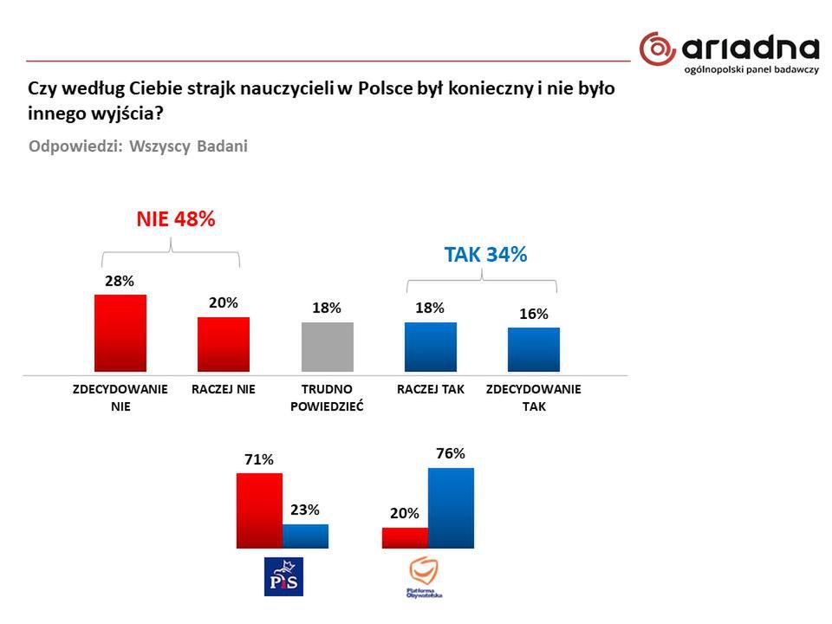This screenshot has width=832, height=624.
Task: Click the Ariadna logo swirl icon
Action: tap(657, 48)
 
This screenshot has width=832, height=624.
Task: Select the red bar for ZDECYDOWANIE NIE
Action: tap(120, 334)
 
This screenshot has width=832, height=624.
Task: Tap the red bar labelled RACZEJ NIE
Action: tap(224, 345)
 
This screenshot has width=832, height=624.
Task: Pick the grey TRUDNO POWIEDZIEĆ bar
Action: tap(327, 348)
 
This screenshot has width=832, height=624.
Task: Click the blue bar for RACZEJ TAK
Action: tap(430, 348)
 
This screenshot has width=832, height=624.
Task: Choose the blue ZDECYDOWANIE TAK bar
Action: tap(533, 350)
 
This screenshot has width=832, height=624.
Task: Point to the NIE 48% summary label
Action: tap(175, 219)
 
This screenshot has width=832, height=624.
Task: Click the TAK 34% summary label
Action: tap(485, 255)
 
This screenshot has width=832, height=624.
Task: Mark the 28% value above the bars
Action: tap(120, 281)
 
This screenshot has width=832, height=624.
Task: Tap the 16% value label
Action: tap(534, 314)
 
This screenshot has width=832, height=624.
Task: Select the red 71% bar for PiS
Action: tap(259, 510)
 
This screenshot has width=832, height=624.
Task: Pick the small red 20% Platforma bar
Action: tap(405, 537)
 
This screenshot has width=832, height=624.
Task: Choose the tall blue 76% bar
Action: tap(451, 508)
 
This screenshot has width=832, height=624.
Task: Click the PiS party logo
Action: tap(284, 576)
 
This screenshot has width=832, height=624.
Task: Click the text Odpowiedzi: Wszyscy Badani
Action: tap(138, 146)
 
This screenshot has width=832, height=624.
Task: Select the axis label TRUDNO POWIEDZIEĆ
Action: tap(327, 397)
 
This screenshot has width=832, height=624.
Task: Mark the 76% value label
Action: tap(451, 453)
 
